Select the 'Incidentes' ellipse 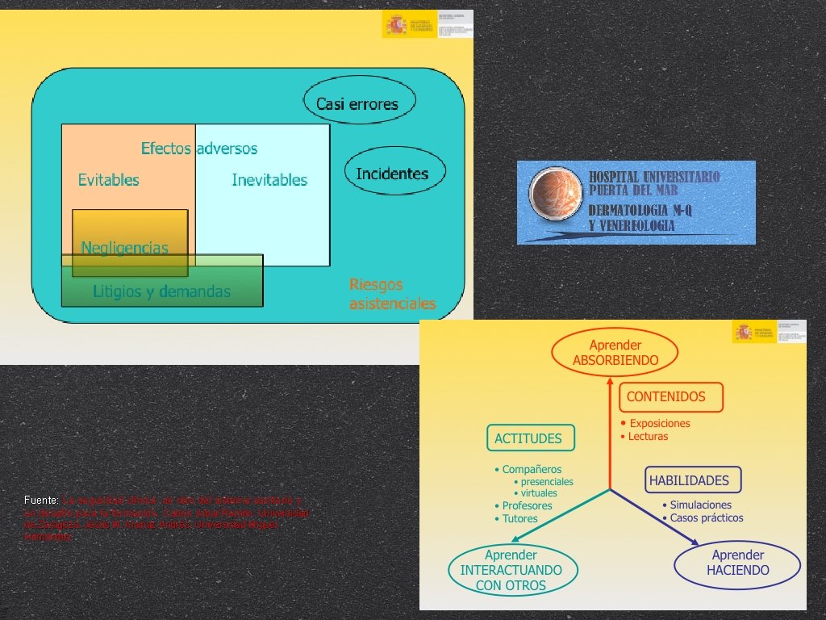392,173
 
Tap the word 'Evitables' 108,180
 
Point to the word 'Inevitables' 269,180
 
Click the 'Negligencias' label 125,247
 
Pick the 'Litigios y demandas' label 161,291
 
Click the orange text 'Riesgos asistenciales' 392,294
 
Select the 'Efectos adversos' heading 199,149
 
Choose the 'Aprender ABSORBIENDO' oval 615,352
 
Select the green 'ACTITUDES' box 529,438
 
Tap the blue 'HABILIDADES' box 689,480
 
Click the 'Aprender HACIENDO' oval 737,563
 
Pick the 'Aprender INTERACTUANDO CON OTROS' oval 511,570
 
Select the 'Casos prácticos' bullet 707,518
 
